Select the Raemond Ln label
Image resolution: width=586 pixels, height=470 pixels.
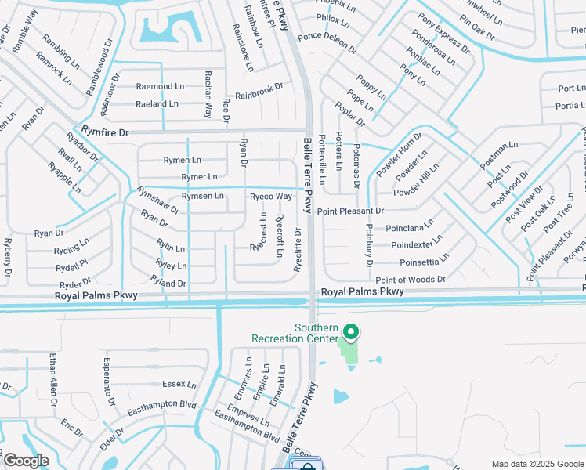pos(160,86)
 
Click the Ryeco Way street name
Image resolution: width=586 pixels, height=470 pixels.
pos(271,195)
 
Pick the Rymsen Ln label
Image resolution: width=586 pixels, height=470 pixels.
pos(202,195)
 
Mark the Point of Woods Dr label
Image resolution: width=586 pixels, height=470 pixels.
pos(410,280)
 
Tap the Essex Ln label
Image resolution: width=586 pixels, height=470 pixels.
pos(179,384)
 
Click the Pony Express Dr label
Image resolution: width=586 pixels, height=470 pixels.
pos(443,34)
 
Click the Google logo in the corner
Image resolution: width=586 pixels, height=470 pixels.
pos(26,461)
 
